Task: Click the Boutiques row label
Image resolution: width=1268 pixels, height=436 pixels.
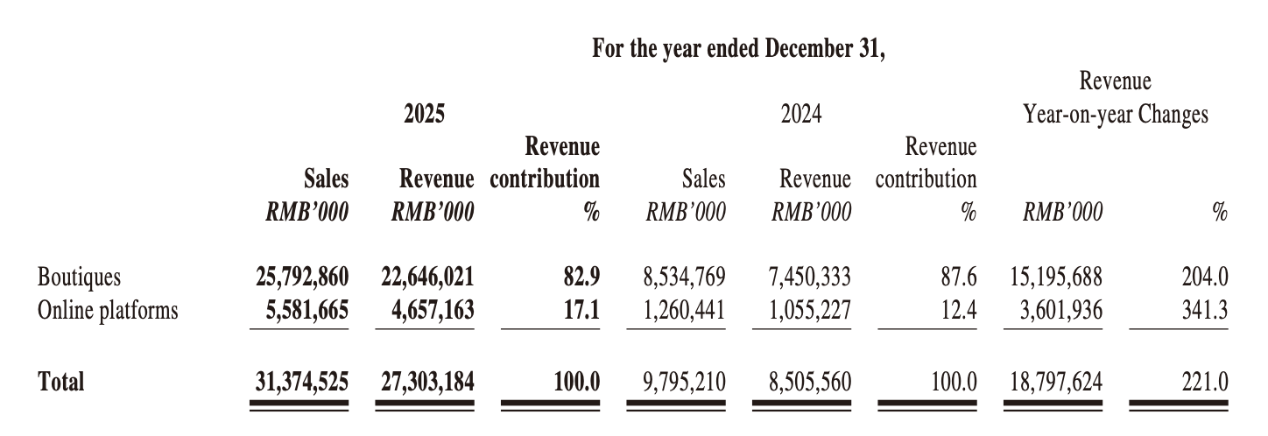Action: point(79,278)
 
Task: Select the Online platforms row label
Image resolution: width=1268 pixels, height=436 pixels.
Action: point(108,310)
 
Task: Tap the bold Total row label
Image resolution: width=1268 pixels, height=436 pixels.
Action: point(61,381)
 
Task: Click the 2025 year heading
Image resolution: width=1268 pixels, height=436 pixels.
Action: point(425,115)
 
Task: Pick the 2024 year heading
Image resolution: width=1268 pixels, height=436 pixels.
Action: point(801,115)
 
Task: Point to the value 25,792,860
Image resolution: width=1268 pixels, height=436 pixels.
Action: point(299,278)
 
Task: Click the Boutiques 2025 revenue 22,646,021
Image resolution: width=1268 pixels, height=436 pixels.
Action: point(427,278)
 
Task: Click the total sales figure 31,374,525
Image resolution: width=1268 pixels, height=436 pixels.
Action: point(299,381)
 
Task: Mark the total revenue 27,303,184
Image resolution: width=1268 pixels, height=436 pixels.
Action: point(427,381)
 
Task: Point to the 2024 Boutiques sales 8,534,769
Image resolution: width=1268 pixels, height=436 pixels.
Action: point(683,278)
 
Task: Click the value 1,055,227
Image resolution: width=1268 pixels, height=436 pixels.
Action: point(810,310)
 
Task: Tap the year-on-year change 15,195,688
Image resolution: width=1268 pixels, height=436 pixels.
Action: point(1055,278)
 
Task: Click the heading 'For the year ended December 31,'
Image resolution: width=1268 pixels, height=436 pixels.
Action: point(739,48)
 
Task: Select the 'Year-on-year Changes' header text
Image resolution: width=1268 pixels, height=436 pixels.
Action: point(1116,115)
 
